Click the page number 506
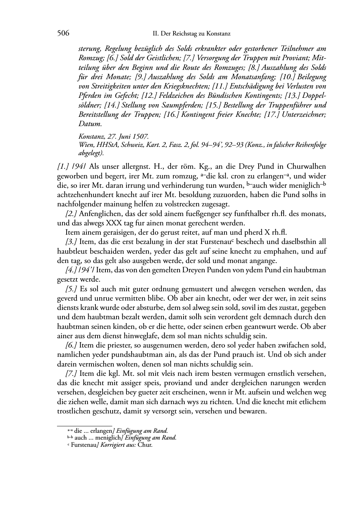coord(63,33)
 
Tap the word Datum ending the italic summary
coord(90,124)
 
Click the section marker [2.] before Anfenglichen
coord(71,214)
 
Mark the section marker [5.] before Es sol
coord(71,289)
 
